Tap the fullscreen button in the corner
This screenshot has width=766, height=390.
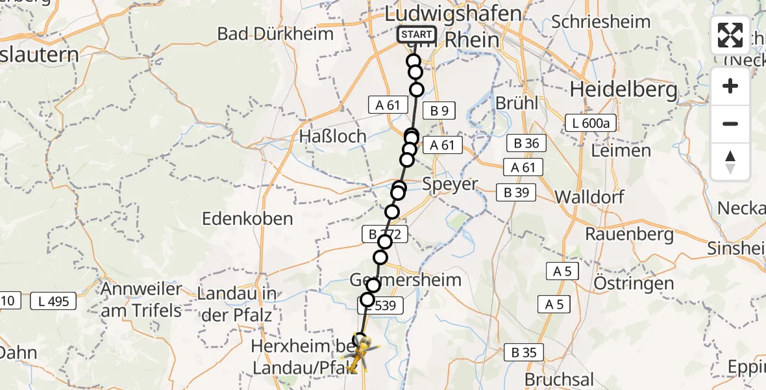(x=730, y=35)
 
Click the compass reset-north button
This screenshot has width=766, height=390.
(x=730, y=162)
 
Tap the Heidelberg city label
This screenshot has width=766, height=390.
(x=624, y=89)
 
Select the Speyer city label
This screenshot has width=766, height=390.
(x=450, y=184)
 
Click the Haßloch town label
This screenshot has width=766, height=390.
(x=333, y=136)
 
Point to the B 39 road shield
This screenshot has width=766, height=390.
(x=516, y=192)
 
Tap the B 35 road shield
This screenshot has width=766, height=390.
(x=524, y=353)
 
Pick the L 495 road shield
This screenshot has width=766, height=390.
(x=55, y=301)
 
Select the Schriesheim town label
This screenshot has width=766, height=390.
(x=600, y=21)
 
